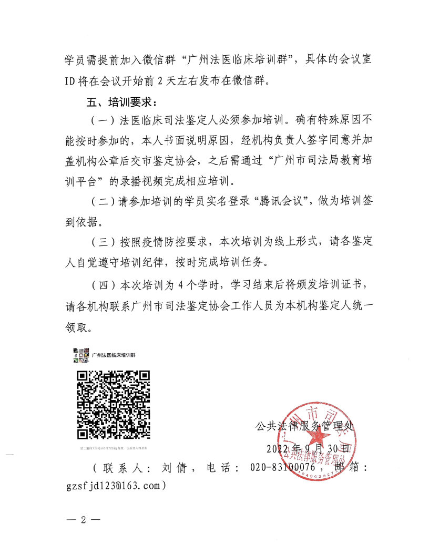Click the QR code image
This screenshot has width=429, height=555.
coord(114,405)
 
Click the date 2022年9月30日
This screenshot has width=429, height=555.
coord(308,449)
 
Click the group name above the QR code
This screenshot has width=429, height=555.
coord(114,355)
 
